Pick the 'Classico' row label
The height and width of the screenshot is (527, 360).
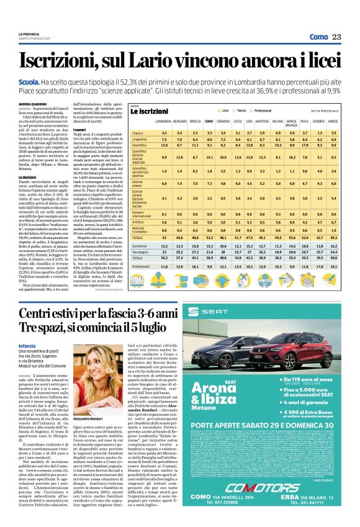coord(138,133)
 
